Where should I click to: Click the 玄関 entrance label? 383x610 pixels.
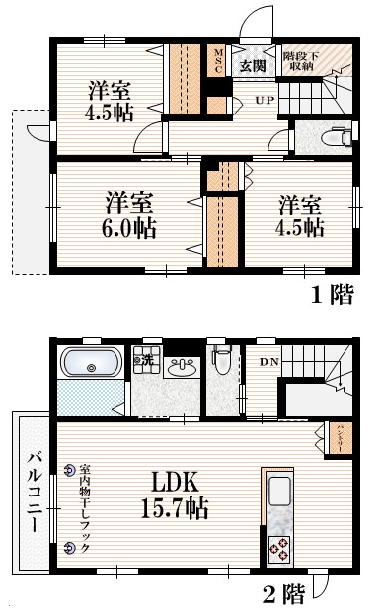tap(252, 66)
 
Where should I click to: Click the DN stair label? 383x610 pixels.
tap(268, 362)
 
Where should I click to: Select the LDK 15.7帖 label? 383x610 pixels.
tap(178, 495)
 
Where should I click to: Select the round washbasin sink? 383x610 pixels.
tap(181, 368)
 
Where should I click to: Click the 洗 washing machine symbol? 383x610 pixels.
tap(142, 360)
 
